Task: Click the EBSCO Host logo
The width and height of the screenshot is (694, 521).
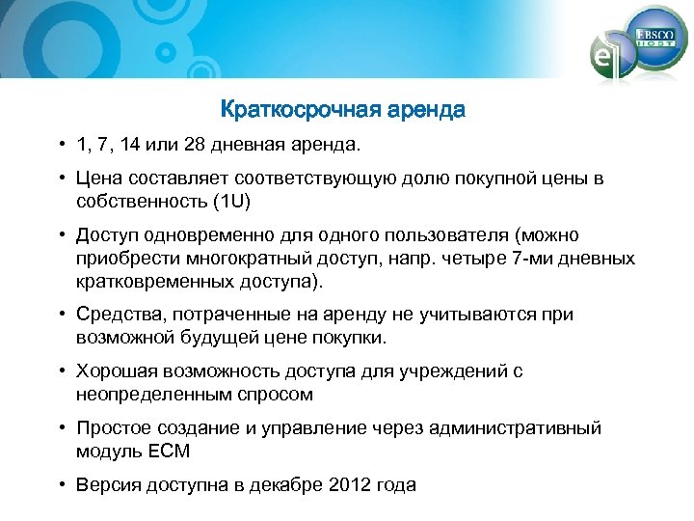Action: (656, 38)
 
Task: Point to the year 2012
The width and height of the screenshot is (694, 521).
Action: (353, 485)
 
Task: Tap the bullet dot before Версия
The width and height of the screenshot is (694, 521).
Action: (60, 485)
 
